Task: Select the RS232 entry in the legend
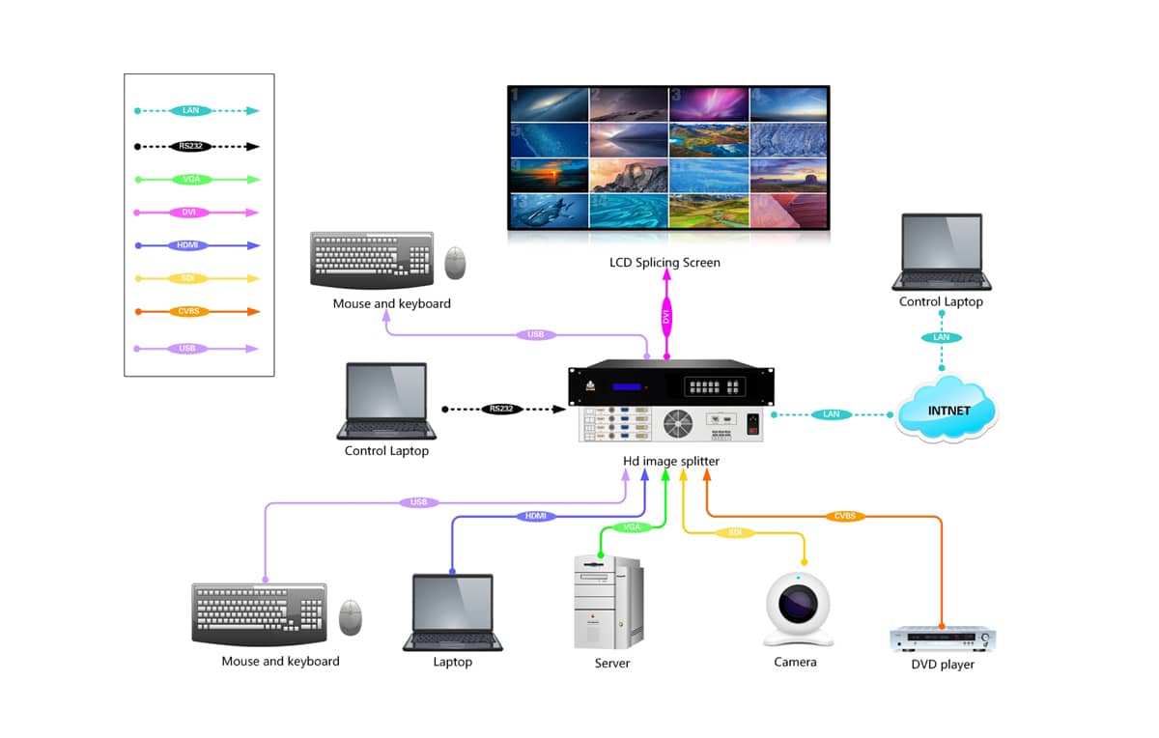coord(190,147)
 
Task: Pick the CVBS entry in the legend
coord(189,312)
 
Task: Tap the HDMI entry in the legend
coord(189,245)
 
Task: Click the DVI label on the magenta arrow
coord(665,316)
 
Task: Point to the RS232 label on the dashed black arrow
coord(501,410)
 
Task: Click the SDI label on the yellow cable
coord(735,532)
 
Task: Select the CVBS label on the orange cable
coord(845,517)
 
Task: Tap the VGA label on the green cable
coord(632,527)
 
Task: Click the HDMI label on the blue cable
coord(536,517)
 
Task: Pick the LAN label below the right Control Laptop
coord(941,338)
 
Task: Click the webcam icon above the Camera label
coord(798,610)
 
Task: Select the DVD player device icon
coord(942,639)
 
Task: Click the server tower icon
coord(609,603)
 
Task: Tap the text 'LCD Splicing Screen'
coord(664,263)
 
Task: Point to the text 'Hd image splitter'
coord(671,462)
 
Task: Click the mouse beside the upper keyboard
coord(455,262)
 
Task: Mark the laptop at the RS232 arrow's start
coord(386,401)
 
